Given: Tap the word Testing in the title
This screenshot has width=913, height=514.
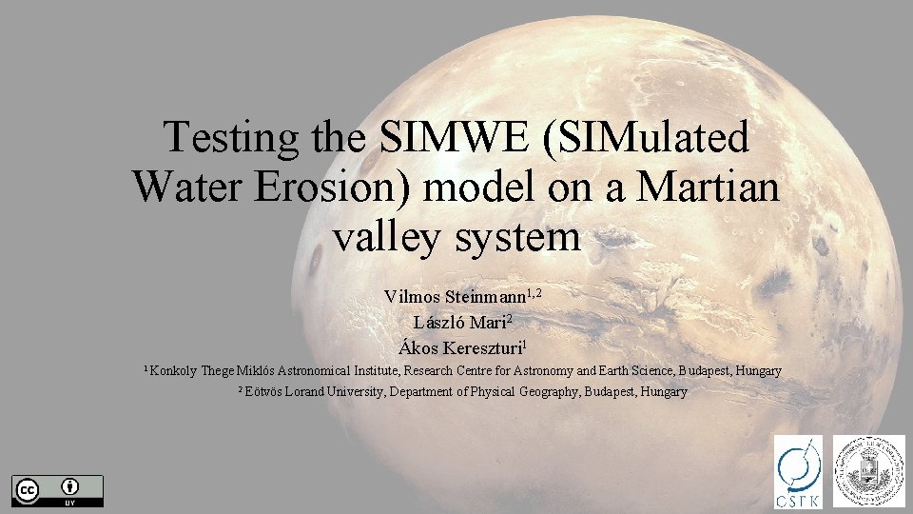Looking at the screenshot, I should tap(230, 139).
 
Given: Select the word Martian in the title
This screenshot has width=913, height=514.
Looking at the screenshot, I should tap(709, 188).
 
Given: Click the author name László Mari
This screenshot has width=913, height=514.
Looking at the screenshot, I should tap(460, 323).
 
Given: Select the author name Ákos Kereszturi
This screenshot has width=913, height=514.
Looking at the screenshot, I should tap(460, 348).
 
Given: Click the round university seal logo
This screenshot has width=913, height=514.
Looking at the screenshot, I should tap(869, 470).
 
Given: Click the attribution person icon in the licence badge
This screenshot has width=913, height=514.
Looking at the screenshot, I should tap(70, 486).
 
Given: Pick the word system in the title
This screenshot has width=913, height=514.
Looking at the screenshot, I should tap(516, 235).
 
